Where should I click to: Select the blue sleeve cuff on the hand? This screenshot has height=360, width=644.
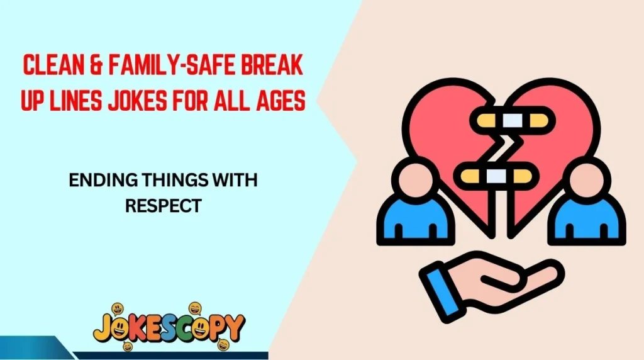441,286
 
